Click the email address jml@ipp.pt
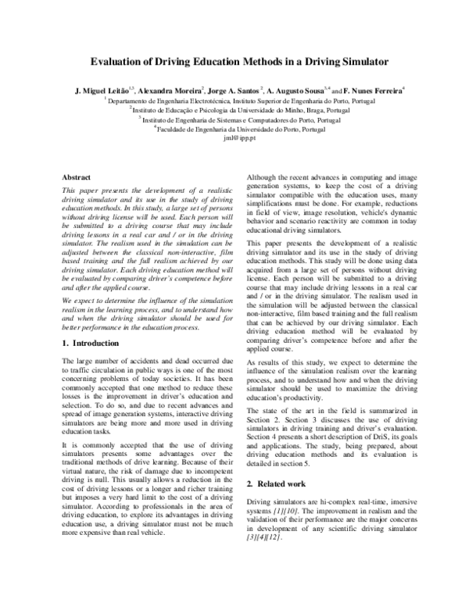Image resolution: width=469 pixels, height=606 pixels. [x=234, y=138]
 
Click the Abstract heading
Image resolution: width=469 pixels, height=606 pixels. [x=76, y=178]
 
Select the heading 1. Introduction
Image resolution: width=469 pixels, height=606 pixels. [x=91, y=343]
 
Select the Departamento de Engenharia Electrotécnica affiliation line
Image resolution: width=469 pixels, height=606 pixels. [x=234, y=101]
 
